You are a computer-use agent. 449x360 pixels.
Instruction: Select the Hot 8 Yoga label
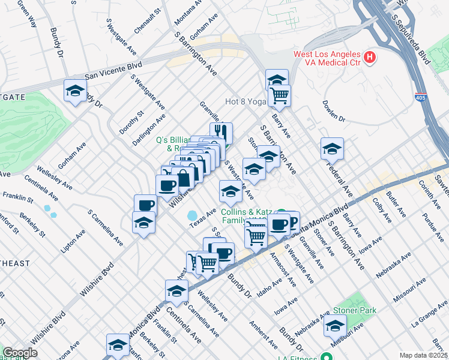[245, 102]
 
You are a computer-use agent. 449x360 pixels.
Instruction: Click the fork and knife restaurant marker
[221, 132]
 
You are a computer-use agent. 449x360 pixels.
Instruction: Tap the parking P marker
[292, 221]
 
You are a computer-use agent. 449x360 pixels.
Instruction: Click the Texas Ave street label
[202, 218]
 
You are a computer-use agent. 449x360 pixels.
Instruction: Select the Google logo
[20, 353]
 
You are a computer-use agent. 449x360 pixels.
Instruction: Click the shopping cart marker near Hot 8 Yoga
[279, 94]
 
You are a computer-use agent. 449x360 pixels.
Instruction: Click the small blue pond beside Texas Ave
[193, 215]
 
